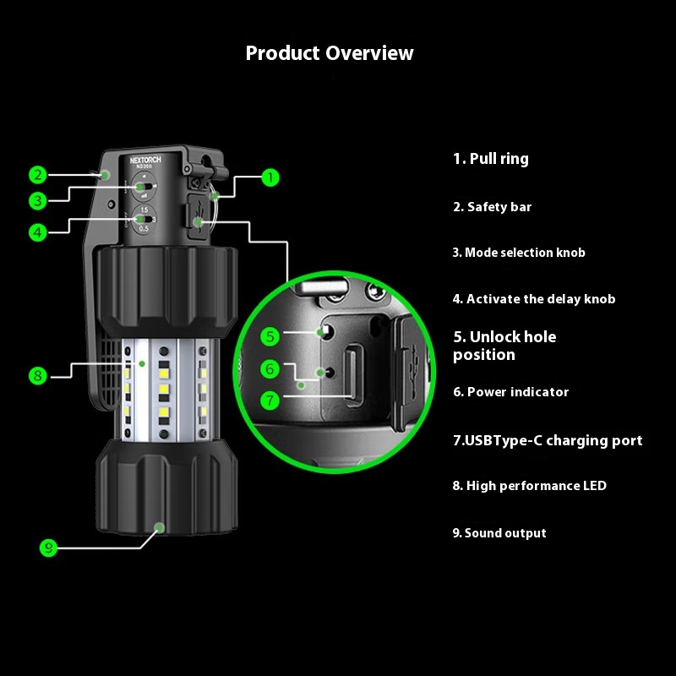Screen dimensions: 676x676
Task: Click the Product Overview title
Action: (x=330, y=53)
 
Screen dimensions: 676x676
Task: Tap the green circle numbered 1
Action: (x=270, y=177)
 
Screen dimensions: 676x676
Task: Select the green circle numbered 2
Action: (x=37, y=175)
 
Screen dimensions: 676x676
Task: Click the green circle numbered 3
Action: (x=37, y=200)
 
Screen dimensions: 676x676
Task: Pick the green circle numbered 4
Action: (x=37, y=231)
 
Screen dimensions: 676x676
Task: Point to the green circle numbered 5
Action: (x=270, y=336)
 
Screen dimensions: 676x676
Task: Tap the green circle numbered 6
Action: (x=270, y=368)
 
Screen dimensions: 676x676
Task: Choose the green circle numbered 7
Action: (x=270, y=400)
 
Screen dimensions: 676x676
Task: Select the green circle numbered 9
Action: (x=49, y=548)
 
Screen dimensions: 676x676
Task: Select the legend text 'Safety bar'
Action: (x=493, y=207)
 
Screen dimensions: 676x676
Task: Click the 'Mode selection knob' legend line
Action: (x=518, y=253)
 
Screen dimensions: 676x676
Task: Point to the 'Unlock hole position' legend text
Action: (x=504, y=346)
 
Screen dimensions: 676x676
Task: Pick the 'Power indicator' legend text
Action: (x=510, y=392)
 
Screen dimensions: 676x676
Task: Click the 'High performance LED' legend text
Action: (x=529, y=486)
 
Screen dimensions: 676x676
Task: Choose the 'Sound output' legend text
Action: (x=499, y=533)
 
